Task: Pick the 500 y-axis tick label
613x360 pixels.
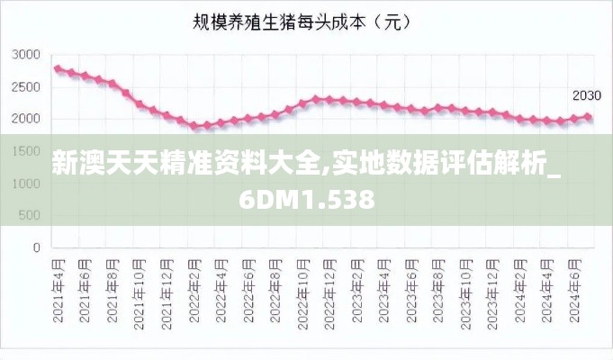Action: point(31,215)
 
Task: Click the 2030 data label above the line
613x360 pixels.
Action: point(586,95)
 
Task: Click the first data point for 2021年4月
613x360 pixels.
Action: point(58,68)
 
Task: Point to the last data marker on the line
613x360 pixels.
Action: point(588,117)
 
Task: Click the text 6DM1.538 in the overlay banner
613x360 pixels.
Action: point(307,199)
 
